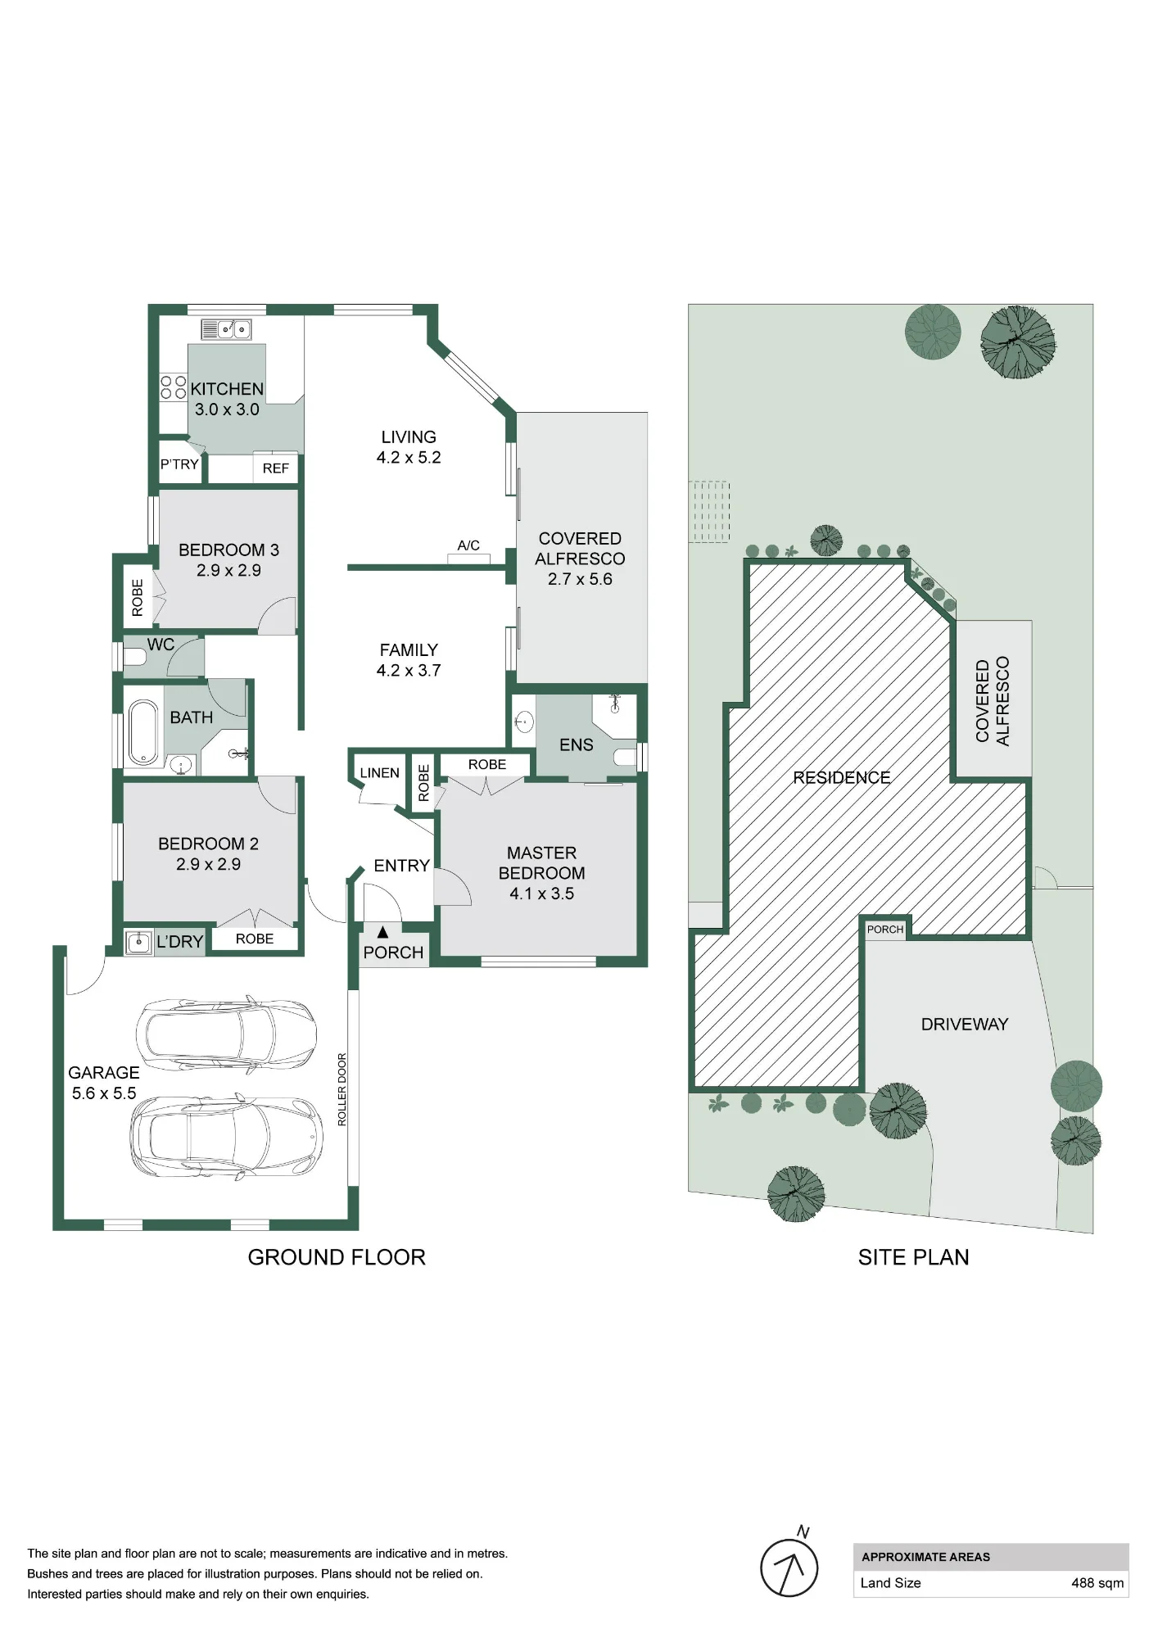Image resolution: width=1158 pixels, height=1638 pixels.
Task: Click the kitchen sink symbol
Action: (226, 329)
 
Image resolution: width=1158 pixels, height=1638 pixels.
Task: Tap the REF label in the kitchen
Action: (276, 468)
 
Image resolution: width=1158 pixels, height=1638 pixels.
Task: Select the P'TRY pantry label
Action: (179, 464)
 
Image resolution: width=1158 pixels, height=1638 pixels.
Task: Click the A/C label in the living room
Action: (468, 545)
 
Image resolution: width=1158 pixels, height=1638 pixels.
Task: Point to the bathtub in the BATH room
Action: (144, 731)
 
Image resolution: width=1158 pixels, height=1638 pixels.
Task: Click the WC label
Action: (161, 645)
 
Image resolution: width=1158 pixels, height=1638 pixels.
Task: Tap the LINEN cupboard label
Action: (380, 773)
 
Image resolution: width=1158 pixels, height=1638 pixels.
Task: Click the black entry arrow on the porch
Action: (382, 931)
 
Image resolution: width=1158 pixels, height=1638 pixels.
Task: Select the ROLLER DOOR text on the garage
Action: (342, 1089)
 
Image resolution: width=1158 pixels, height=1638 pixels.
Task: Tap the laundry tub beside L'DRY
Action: (138, 942)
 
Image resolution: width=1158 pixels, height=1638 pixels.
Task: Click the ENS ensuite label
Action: (577, 744)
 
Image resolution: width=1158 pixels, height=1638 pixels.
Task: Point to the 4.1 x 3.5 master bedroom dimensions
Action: (542, 894)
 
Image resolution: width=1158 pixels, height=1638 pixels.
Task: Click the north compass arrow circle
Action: (789, 1568)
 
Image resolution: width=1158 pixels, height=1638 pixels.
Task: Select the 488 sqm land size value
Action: (1097, 1583)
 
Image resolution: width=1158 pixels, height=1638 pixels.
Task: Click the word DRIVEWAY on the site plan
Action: (965, 1025)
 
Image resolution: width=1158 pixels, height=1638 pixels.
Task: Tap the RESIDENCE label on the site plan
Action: (842, 778)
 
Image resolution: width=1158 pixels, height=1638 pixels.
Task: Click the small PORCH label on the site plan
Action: (885, 930)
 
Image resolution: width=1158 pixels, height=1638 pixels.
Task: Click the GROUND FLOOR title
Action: (337, 1258)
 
